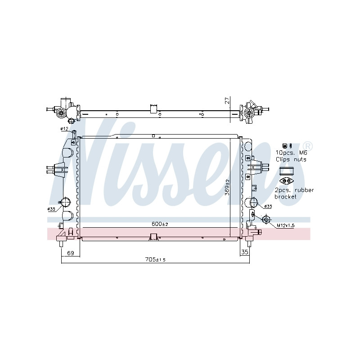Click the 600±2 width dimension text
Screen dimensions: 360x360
160,224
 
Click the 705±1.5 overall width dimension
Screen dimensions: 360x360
155,260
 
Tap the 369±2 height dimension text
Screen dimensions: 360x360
227,187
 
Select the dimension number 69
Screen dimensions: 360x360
71,253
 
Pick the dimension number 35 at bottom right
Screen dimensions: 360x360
245,252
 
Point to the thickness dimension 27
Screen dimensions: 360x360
227,101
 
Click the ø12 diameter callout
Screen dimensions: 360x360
64,129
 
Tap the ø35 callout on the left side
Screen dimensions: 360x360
51,209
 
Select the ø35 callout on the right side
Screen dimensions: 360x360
268,207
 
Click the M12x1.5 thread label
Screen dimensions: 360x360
285,225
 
